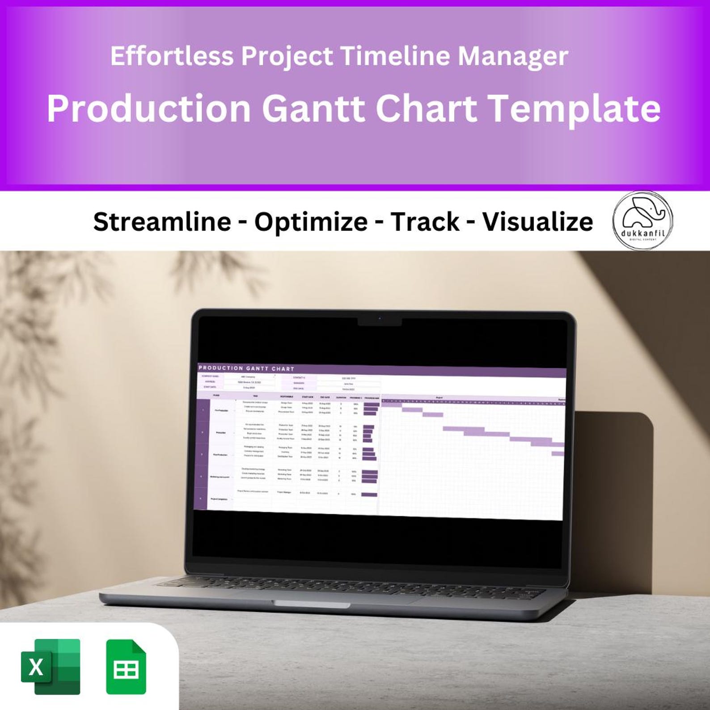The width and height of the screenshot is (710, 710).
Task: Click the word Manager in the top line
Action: coord(512,56)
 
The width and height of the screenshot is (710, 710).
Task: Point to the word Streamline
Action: coord(162,221)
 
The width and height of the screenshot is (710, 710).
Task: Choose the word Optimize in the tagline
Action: coord(311,221)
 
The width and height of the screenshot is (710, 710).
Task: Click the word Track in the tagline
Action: coord(425,221)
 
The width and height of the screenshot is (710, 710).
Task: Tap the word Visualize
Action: coord(537,221)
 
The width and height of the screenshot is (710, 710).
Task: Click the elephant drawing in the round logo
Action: coord(642,213)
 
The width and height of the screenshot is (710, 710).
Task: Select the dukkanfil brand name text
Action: coord(642,232)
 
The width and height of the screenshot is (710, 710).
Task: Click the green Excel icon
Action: coord(51,667)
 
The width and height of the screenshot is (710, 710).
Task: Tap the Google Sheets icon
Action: coord(126,667)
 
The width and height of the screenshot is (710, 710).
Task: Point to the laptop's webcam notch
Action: coord(380,321)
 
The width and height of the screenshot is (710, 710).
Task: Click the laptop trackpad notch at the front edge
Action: coord(312,604)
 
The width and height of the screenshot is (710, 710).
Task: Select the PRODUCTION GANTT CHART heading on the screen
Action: coord(246,368)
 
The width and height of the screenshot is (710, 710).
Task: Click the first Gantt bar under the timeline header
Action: coord(391,405)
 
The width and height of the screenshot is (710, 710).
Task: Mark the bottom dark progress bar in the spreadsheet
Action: coord(369,494)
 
